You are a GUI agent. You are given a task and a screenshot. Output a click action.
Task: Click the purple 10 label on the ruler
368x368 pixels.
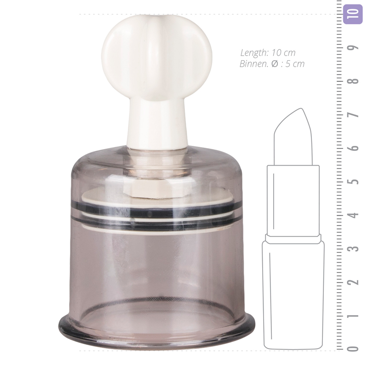pos(353,14)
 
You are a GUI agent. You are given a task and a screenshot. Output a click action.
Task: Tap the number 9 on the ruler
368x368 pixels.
pos(353,47)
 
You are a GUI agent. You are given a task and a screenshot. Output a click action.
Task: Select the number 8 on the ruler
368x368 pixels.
pos(353,81)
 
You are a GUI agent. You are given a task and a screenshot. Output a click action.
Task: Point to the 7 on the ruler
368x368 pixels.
pos(353,115)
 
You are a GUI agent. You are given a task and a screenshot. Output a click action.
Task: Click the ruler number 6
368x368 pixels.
pos(353,148)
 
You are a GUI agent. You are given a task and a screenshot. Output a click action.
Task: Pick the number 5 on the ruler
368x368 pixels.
pos(353,181)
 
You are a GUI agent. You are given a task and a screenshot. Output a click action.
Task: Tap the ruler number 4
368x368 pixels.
pos(353,215)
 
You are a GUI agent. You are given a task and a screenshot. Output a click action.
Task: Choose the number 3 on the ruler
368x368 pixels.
pos(353,248)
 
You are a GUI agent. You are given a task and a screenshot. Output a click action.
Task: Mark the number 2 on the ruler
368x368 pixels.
pos(353,282)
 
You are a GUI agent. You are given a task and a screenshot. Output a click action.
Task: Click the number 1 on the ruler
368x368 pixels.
pos(353,316)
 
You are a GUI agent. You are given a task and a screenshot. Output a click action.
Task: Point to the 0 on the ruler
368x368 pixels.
pos(353,348)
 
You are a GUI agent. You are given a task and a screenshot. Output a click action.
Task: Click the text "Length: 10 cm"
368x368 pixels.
pos(268,52)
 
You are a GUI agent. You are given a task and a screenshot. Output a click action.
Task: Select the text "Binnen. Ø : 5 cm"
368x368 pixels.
pos(272,64)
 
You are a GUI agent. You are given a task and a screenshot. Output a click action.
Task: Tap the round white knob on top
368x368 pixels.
pos(156,53)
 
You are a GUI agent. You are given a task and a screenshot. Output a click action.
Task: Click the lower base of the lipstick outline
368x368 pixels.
pos(293,294)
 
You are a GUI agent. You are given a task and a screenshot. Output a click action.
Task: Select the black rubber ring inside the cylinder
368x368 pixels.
pos(156,213)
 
